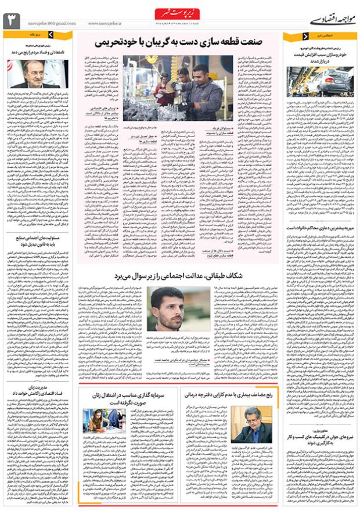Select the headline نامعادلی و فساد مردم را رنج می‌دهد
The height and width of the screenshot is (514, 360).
pos(38,52)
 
